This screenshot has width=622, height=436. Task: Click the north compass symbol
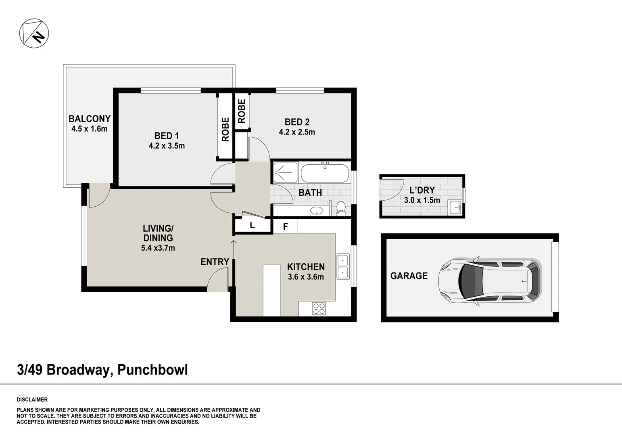(x=34, y=33)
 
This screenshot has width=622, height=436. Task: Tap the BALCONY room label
(x=89, y=119)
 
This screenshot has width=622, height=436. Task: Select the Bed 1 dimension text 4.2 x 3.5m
(x=167, y=146)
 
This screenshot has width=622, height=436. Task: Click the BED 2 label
(x=297, y=122)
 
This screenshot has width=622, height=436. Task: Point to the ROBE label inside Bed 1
(x=225, y=129)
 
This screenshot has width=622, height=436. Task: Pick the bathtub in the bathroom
(x=325, y=173)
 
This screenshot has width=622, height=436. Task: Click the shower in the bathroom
(x=286, y=172)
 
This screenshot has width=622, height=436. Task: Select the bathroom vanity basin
(x=316, y=210)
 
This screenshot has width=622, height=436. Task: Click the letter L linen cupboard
(x=252, y=226)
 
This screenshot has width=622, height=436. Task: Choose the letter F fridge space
(x=285, y=226)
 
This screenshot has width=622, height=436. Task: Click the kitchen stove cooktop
(x=319, y=309)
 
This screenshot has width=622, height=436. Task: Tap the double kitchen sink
(x=343, y=266)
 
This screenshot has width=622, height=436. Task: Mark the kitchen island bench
(x=272, y=290)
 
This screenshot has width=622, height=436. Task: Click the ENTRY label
(x=215, y=262)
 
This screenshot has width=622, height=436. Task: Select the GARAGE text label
(x=409, y=276)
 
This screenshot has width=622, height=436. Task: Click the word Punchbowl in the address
(x=152, y=369)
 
